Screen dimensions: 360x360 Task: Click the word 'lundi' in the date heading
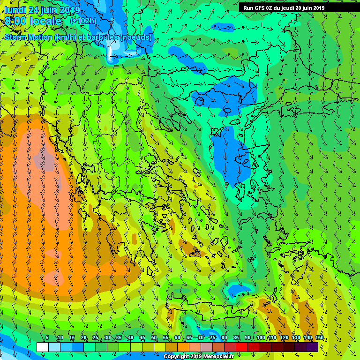(x=15, y=10)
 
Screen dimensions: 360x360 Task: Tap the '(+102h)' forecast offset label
(x=83, y=21)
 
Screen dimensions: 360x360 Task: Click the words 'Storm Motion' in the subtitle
(x=29, y=37)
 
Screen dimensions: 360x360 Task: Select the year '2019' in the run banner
(x=316, y=8)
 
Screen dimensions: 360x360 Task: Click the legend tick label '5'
(x=47, y=338)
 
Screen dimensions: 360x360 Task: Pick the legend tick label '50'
(x=154, y=338)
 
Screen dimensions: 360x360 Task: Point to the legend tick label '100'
(x=261, y=338)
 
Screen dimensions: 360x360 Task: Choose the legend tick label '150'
(x=320, y=338)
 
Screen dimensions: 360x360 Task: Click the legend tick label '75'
(x=212, y=338)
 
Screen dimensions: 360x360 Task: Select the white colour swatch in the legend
(x=42, y=347)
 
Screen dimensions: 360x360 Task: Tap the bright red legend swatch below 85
(x=241, y=347)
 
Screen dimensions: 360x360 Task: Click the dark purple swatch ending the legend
(x=312, y=347)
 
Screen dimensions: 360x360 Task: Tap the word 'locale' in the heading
(x=45, y=21)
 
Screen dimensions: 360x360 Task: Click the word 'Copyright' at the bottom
(x=177, y=357)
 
